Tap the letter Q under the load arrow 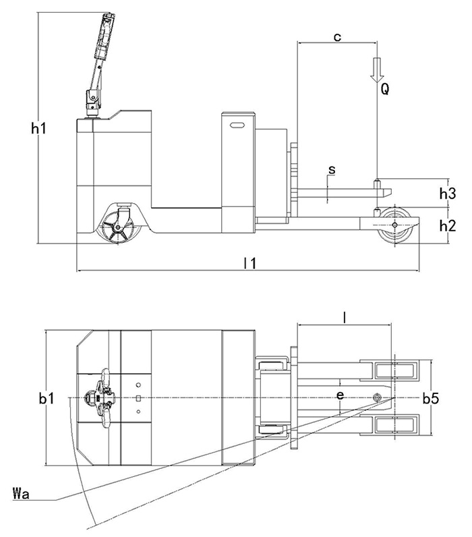click(384, 88)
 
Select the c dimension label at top click(337, 37)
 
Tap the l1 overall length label click(249, 262)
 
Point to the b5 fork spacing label click(431, 399)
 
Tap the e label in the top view click(340, 395)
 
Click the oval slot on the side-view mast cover click(237, 125)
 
